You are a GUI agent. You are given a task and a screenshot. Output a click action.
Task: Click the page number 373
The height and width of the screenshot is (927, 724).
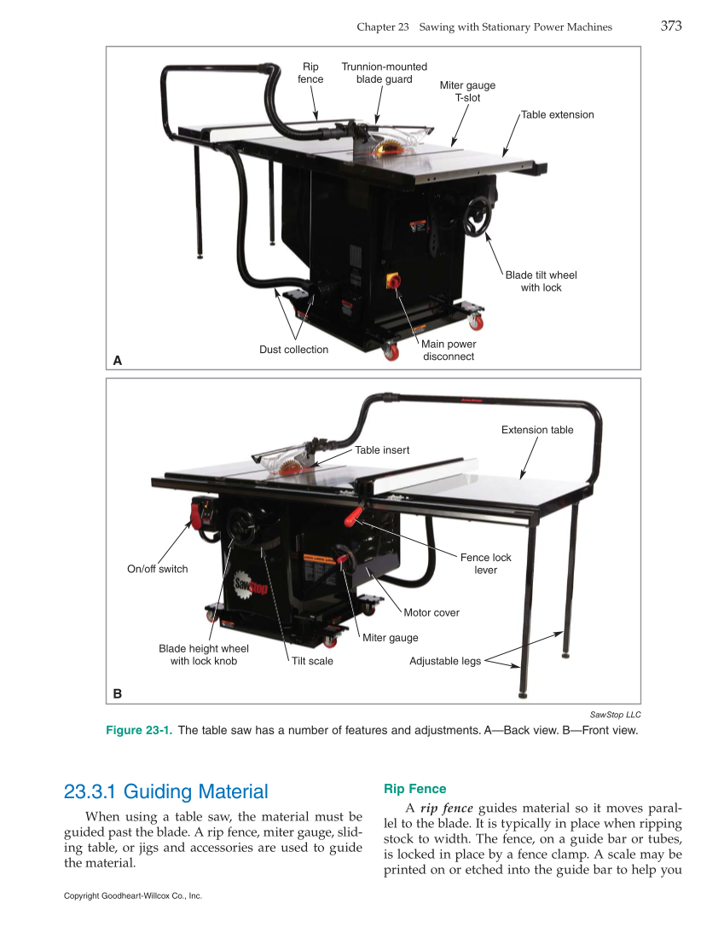click(671, 26)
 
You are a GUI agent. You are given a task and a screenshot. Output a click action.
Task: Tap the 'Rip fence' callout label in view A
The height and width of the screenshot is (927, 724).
click(310, 73)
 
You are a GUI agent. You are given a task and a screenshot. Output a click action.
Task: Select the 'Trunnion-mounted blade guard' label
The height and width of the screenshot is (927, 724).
click(384, 73)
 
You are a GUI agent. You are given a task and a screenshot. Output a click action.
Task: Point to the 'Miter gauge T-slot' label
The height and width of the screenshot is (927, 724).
click(467, 91)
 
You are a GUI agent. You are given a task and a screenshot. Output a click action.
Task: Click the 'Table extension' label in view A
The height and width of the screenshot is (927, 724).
click(557, 114)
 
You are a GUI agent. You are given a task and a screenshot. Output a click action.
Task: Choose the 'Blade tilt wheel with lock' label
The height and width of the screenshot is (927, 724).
click(541, 281)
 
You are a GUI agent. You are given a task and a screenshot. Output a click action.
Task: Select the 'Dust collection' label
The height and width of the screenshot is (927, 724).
click(293, 350)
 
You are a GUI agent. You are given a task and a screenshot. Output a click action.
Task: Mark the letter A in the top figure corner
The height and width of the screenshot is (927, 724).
click(118, 361)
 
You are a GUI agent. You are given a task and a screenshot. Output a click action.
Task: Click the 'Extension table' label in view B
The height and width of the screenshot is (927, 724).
click(537, 430)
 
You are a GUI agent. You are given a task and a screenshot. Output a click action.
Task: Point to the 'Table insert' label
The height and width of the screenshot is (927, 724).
click(382, 450)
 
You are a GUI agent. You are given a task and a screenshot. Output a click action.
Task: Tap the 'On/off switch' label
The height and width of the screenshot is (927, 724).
click(157, 569)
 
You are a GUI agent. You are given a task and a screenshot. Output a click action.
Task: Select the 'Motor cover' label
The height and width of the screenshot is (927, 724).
click(432, 612)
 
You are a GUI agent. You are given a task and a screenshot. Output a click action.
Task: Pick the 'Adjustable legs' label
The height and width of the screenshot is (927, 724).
click(445, 661)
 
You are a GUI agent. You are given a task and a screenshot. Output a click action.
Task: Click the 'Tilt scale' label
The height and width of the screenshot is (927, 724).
click(312, 661)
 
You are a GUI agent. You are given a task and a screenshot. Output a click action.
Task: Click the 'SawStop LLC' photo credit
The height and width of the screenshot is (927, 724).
click(615, 715)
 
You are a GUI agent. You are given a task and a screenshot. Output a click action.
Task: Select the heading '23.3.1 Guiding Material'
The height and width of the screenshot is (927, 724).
click(166, 791)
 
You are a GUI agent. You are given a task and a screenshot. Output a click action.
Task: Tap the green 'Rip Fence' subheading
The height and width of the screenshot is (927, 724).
click(414, 789)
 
